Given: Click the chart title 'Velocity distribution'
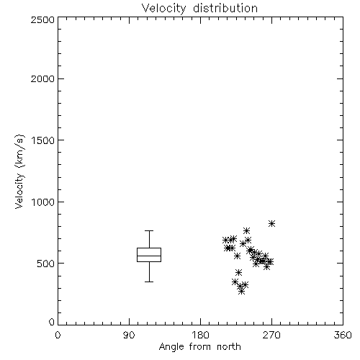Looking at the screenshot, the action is click(199, 9).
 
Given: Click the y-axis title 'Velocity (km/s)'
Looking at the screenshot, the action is click(19, 171).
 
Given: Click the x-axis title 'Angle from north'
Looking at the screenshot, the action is click(199, 347).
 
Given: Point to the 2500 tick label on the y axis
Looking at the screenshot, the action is click(42, 19).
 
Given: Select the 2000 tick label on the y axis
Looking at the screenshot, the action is click(42, 78).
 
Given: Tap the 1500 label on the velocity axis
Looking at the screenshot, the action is click(43, 140).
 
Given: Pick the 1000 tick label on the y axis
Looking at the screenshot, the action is click(43, 202).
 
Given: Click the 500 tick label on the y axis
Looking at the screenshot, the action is click(46, 264).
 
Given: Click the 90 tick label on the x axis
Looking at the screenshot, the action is click(129, 335).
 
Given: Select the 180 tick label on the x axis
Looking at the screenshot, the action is click(200, 335).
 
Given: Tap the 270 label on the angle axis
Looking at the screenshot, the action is click(271, 335).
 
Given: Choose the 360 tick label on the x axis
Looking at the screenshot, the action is click(343, 335).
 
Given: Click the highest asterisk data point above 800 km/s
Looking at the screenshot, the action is click(271, 224).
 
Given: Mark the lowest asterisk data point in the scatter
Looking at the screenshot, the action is click(242, 292).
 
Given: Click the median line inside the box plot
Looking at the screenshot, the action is click(149, 256).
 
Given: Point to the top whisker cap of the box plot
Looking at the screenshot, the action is click(149, 231).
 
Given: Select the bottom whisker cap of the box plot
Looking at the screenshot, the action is click(149, 282).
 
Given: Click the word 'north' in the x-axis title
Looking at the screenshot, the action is click(229, 347).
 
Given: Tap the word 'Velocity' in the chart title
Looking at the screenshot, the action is click(164, 9).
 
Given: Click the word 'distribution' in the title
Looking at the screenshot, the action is click(225, 8).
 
